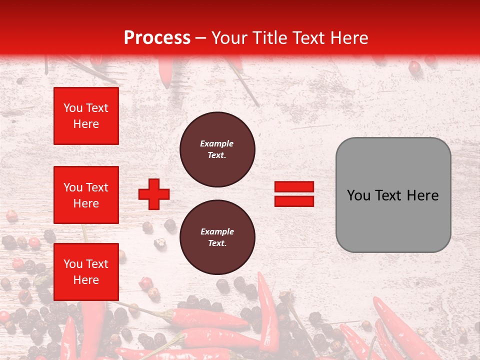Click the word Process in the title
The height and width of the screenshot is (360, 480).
click(157, 38)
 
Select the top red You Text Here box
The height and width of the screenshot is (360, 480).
click(86, 116)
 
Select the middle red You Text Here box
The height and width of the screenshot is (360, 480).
click(86, 195)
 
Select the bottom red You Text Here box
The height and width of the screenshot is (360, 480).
click(86, 272)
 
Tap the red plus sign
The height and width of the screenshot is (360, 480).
click(154, 194)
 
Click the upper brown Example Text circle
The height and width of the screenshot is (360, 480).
click(217, 149)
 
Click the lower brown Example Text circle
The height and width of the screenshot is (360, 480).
click(217, 237)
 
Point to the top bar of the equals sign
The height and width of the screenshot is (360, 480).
click(294, 187)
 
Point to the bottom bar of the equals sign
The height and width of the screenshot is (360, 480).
click(294, 201)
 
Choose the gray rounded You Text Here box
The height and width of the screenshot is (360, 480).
click(393, 195)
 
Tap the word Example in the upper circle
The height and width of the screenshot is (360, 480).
click(217, 143)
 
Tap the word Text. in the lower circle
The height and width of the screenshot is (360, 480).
click(217, 243)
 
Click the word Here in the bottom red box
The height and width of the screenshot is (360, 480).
click(86, 280)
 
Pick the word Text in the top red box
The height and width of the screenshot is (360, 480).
click(97, 108)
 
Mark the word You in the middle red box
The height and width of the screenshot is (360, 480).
click(73, 187)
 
